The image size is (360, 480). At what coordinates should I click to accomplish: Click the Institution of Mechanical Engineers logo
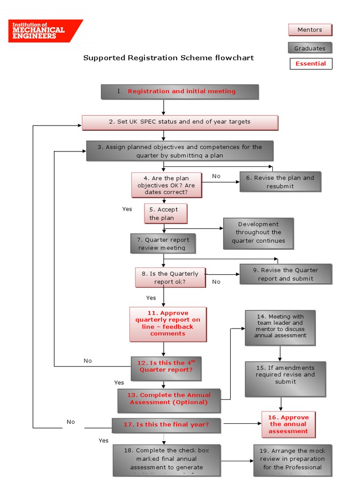click(x=45, y=30)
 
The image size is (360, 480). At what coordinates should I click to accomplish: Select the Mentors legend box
click(x=309, y=30)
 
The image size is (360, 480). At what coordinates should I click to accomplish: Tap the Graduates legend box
click(x=309, y=48)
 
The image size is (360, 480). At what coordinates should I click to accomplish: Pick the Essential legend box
click(x=310, y=64)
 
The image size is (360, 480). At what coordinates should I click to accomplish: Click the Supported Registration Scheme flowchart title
click(x=168, y=58)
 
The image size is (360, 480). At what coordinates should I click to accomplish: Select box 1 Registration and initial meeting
click(x=180, y=91)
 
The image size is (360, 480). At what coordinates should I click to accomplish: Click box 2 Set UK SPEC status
click(x=180, y=122)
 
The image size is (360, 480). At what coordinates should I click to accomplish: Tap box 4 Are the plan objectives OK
click(x=166, y=185)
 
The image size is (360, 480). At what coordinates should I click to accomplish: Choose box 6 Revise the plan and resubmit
click(x=280, y=182)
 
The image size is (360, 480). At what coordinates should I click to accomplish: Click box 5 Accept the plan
click(x=165, y=214)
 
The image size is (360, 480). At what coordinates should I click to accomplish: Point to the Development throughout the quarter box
click(x=258, y=232)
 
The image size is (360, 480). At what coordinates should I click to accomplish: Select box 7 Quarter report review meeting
click(x=162, y=244)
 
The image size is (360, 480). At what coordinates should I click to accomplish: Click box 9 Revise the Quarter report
click(x=285, y=274)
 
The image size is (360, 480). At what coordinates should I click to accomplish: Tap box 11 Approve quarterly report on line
click(x=168, y=324)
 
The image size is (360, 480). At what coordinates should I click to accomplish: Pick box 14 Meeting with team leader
click(x=280, y=327)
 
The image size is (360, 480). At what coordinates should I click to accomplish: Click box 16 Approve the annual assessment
click(x=288, y=424)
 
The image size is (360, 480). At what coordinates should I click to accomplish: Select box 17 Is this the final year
click(x=166, y=425)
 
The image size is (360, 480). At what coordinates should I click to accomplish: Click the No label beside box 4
click(x=216, y=176)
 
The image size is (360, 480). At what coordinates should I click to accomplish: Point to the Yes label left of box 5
click(x=127, y=209)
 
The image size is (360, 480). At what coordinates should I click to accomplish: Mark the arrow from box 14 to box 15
click(x=280, y=353)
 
